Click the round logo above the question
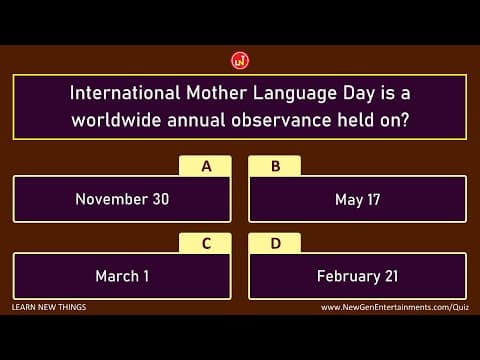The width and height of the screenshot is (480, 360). pos(240,61)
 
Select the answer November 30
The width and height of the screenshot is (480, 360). pos(122,199)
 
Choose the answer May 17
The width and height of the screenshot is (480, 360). pos(357,199)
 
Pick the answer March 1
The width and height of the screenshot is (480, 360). pos(122,276)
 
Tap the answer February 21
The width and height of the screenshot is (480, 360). pos(357,276)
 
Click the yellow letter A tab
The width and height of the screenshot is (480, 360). pos(206,166)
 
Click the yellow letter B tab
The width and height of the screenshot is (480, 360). pos(275,166)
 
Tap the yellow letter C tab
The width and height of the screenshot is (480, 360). pos(206,243)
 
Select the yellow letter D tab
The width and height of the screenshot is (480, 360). pos(275,243)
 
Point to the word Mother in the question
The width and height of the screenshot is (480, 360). pos(218,95)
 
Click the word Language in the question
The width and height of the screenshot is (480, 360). pos(296,95)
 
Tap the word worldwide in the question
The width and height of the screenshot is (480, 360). pos(117,120)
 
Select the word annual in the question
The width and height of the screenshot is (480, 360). pos(200,120)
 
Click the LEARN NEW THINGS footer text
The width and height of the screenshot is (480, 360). pos(49,307)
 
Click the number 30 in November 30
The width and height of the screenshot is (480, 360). pos(160,199)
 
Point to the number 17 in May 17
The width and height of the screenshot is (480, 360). pos(372,199)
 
